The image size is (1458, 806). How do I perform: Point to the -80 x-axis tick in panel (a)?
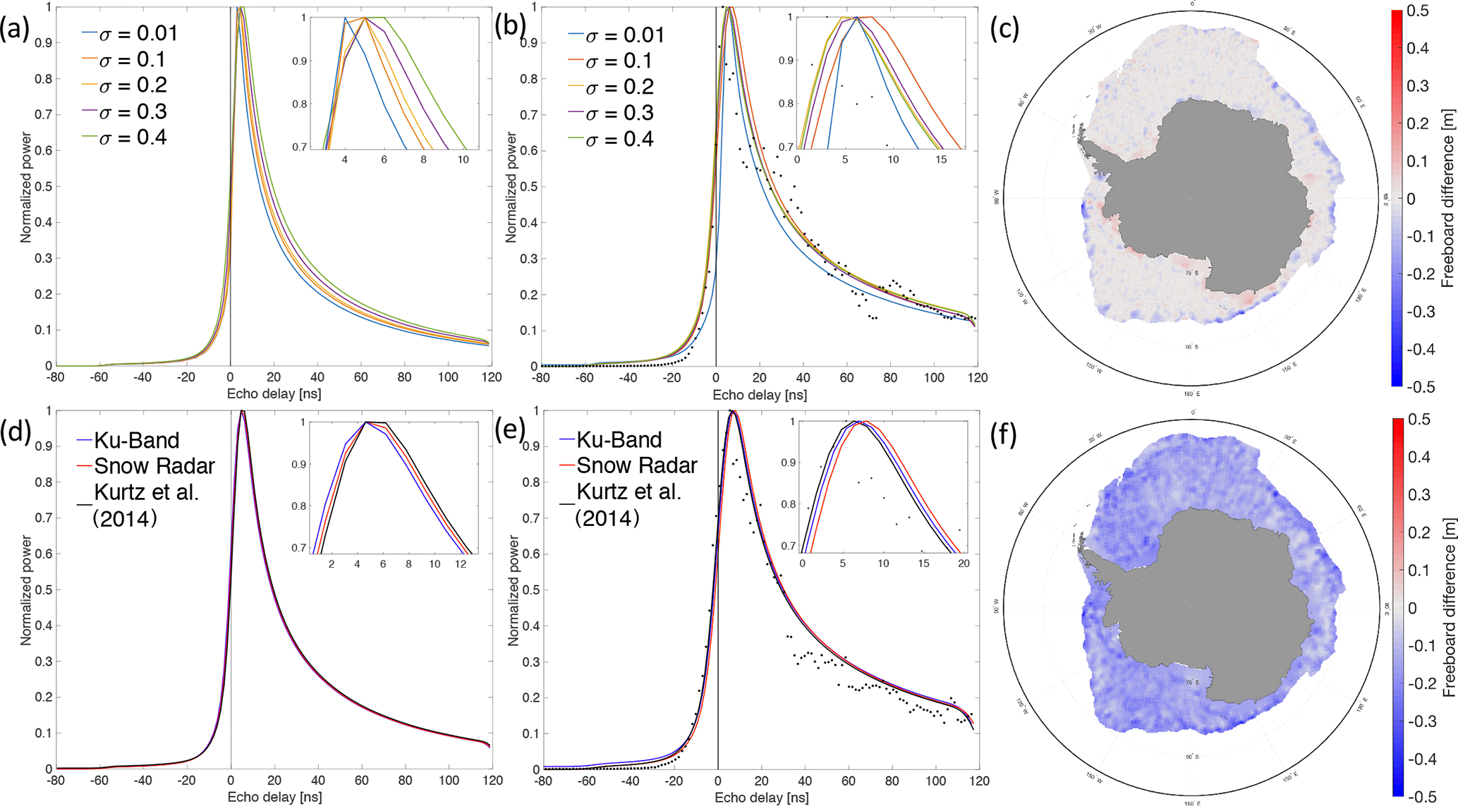coord(55,378)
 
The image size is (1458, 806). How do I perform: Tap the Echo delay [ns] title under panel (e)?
coord(762,798)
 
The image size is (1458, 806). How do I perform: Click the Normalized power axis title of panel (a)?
coord(27,186)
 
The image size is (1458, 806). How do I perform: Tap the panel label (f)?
coord(1002,435)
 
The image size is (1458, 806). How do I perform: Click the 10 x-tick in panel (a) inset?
coord(463,160)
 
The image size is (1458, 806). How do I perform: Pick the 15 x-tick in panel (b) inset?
coord(941,160)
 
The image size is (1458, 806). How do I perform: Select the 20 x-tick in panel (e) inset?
coord(963,563)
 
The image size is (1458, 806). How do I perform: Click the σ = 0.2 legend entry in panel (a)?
coord(133,85)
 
